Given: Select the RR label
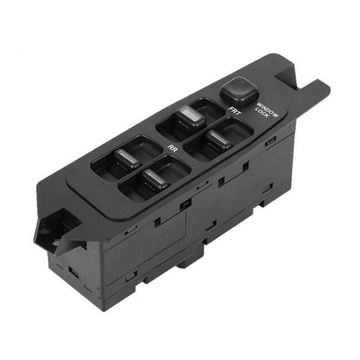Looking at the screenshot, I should pyautogui.click(x=173, y=148).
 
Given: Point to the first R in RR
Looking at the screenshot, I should pyautogui.click(x=170, y=145).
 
